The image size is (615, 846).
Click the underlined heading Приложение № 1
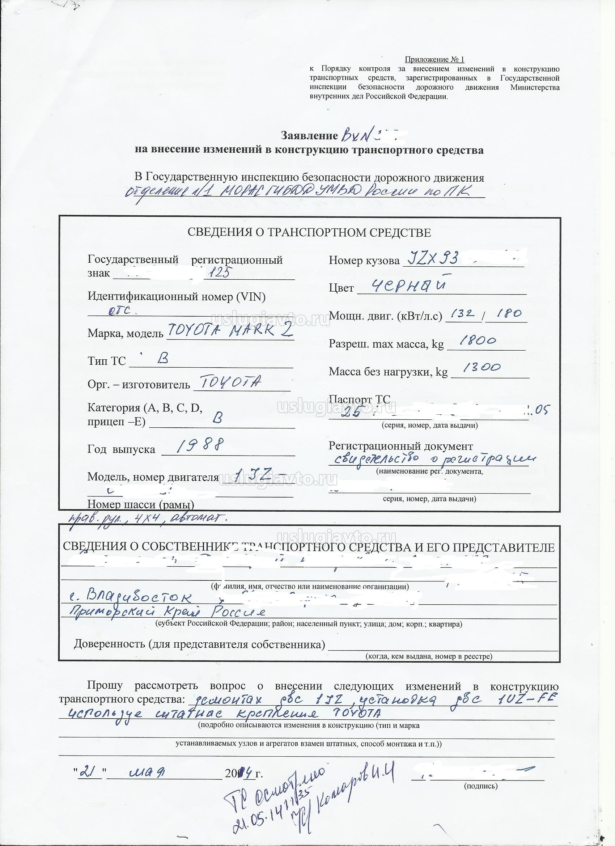tap(434, 60)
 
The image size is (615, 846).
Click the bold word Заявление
tap(310, 135)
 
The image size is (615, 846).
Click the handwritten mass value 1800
tap(479, 340)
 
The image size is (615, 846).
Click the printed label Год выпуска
tap(121, 449)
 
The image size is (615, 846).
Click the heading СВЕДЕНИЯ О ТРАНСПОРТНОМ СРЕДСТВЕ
tap(309, 233)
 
